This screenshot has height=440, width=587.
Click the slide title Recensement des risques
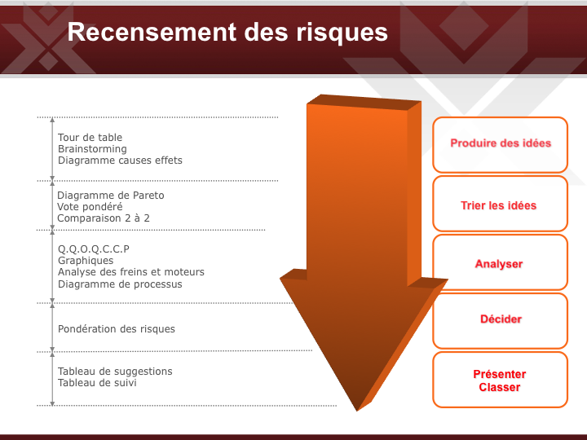tap(227, 32)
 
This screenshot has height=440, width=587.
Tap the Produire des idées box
tap(500, 144)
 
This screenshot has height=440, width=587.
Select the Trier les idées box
tap(500, 204)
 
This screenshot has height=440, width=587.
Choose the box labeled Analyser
tap(500, 262)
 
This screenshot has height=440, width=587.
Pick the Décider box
tap(500, 321)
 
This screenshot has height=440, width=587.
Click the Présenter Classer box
tap(500, 380)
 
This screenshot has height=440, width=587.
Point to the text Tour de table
tap(90, 138)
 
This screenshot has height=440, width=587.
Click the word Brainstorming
tap(92, 149)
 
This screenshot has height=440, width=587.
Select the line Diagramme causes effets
tap(120, 161)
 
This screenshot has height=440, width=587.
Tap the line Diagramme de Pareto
tap(110, 196)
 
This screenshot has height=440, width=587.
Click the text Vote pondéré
tap(90, 207)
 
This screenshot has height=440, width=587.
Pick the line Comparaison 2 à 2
tap(104, 218)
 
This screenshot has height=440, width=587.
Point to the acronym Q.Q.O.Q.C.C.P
tap(94, 249)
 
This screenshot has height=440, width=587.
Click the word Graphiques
tap(86, 261)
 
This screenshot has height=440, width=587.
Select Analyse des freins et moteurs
tap(131, 272)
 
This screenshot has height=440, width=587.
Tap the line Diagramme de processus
tap(120, 284)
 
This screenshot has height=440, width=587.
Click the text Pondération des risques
tap(117, 329)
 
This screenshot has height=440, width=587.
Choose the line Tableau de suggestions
tap(115, 372)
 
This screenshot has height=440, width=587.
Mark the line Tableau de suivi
tap(97, 383)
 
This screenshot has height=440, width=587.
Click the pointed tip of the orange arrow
tap(357, 411)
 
